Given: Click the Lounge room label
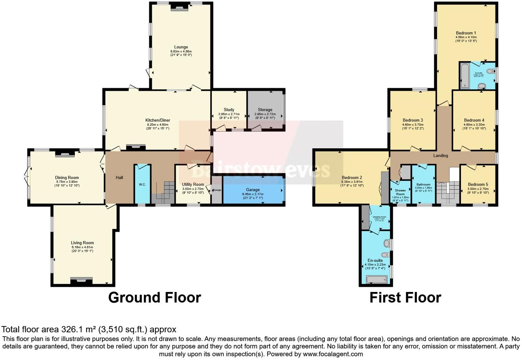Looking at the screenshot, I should click(x=181, y=47).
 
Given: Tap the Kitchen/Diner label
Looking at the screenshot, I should click(x=158, y=120).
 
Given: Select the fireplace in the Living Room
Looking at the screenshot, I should click(x=81, y=281).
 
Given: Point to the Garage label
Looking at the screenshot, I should click(x=253, y=190).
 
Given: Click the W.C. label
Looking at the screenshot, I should click(x=142, y=184).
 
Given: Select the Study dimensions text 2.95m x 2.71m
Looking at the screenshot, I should click(x=229, y=114).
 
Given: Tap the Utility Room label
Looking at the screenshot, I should click(x=193, y=184).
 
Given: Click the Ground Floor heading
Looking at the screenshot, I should click(x=155, y=297).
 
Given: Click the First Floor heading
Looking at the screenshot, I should click(x=405, y=297).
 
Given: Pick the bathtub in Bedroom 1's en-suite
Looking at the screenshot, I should click(x=465, y=76).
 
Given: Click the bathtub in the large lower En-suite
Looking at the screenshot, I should click(x=376, y=280).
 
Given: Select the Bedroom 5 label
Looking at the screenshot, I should click(x=478, y=184).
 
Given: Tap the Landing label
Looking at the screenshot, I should click(x=441, y=156).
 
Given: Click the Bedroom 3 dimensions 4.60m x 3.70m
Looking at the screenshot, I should click(x=412, y=125).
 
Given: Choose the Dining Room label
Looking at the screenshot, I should click(x=67, y=178).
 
